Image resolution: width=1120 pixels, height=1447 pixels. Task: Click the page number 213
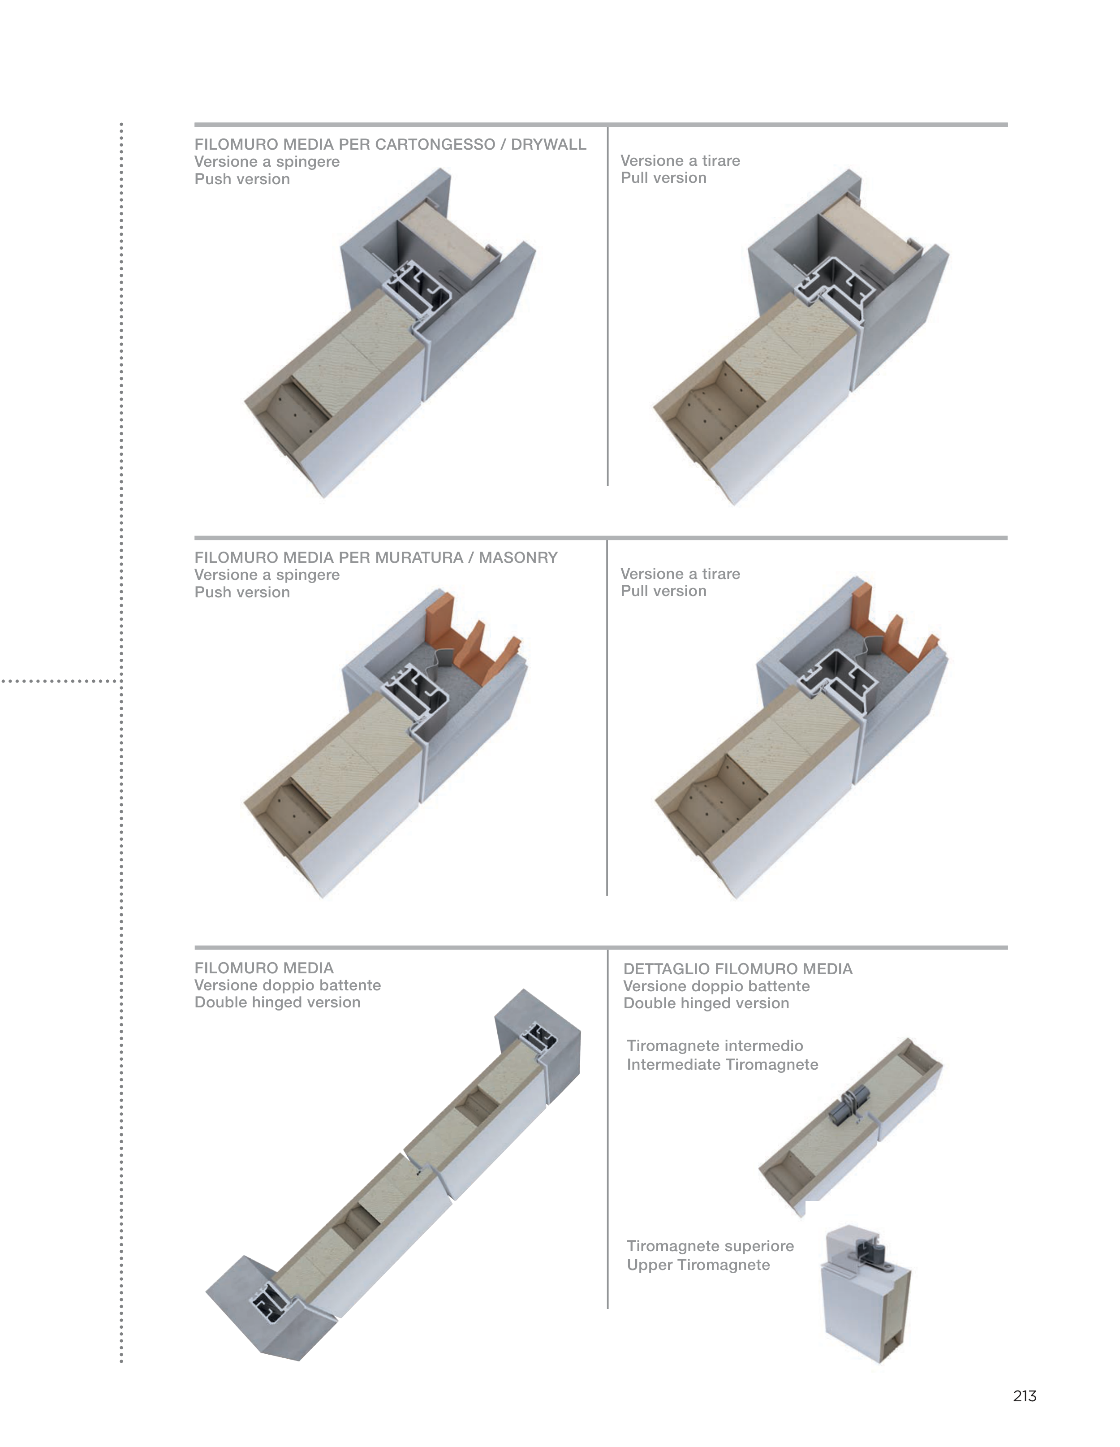[x=1024, y=1396]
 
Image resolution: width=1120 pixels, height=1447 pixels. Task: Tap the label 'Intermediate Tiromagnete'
[x=722, y=1065]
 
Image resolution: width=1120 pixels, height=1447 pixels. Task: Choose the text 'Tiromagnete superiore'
[x=710, y=1246]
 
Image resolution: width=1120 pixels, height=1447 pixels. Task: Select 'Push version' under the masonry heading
[x=242, y=592]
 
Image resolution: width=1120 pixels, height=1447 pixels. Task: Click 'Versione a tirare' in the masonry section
[x=680, y=574]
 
